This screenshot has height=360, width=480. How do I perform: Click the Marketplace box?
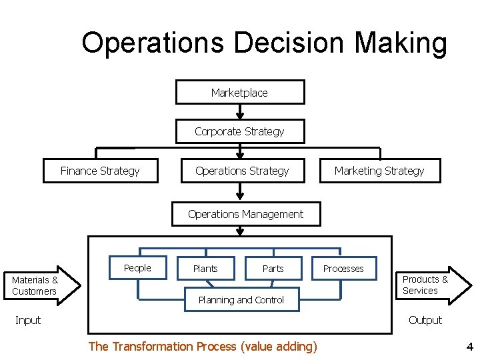pos(239,93)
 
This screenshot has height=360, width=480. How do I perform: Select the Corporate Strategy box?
pos(239,131)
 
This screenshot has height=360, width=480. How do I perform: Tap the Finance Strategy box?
pos(100,171)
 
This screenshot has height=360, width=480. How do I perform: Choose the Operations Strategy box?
pos(242,171)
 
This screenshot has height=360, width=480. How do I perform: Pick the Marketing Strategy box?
pos(379,171)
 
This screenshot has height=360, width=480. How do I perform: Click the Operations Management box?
pos(245,214)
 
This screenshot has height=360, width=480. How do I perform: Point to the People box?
pos(137,268)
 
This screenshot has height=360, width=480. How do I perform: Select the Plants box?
pos(205,269)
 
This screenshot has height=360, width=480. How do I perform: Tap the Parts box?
pos(273,269)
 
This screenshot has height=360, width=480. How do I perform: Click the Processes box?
pos(343,269)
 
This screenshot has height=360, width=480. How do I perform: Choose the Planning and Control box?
pos(241,300)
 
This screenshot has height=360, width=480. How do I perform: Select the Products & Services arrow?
pos(429,285)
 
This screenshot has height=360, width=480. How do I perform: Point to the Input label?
pos(28,320)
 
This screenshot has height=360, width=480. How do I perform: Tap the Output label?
pos(425,320)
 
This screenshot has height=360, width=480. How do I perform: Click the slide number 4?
pos(469,347)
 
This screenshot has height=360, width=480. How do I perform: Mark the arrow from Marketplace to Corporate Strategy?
pos(240,112)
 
